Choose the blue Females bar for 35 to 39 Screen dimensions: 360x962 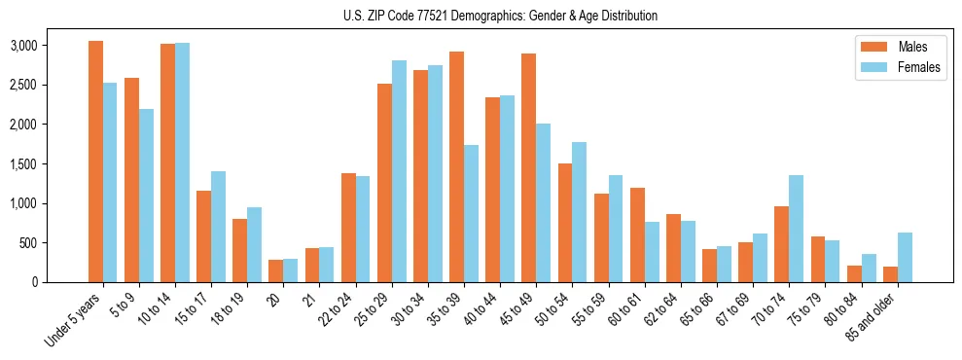pos(471,213)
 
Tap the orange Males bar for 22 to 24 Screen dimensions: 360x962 pos(348,228)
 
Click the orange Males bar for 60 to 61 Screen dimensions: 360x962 pos(637,234)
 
